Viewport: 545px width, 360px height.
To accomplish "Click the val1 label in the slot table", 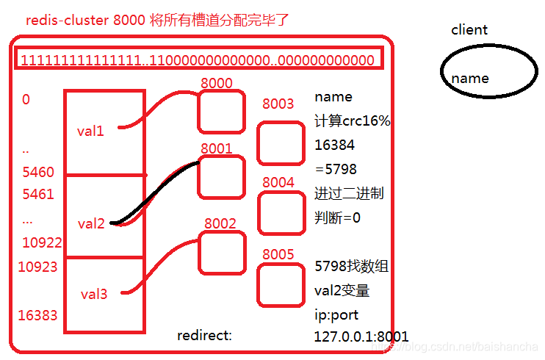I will (x=90, y=132).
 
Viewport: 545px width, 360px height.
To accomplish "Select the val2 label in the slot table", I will (x=90, y=223).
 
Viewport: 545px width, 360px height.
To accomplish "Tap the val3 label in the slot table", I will (x=93, y=295).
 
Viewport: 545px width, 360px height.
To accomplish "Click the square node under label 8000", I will (x=220, y=112).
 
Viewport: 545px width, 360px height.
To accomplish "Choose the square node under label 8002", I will (x=222, y=254).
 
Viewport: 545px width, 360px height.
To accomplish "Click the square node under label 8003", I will (x=280, y=143).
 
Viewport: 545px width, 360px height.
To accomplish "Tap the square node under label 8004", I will (x=281, y=213).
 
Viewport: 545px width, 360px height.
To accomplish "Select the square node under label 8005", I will (x=281, y=285).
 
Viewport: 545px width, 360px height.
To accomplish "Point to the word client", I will (x=469, y=30).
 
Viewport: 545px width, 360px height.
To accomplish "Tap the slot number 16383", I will (x=37, y=315).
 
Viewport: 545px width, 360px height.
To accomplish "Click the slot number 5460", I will (x=37, y=173).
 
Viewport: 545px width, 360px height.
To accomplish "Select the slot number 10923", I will (x=37, y=267).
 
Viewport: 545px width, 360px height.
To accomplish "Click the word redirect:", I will (x=204, y=336).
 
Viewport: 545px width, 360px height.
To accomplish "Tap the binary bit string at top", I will (x=197, y=60).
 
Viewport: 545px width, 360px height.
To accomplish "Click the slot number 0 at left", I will (x=26, y=99).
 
